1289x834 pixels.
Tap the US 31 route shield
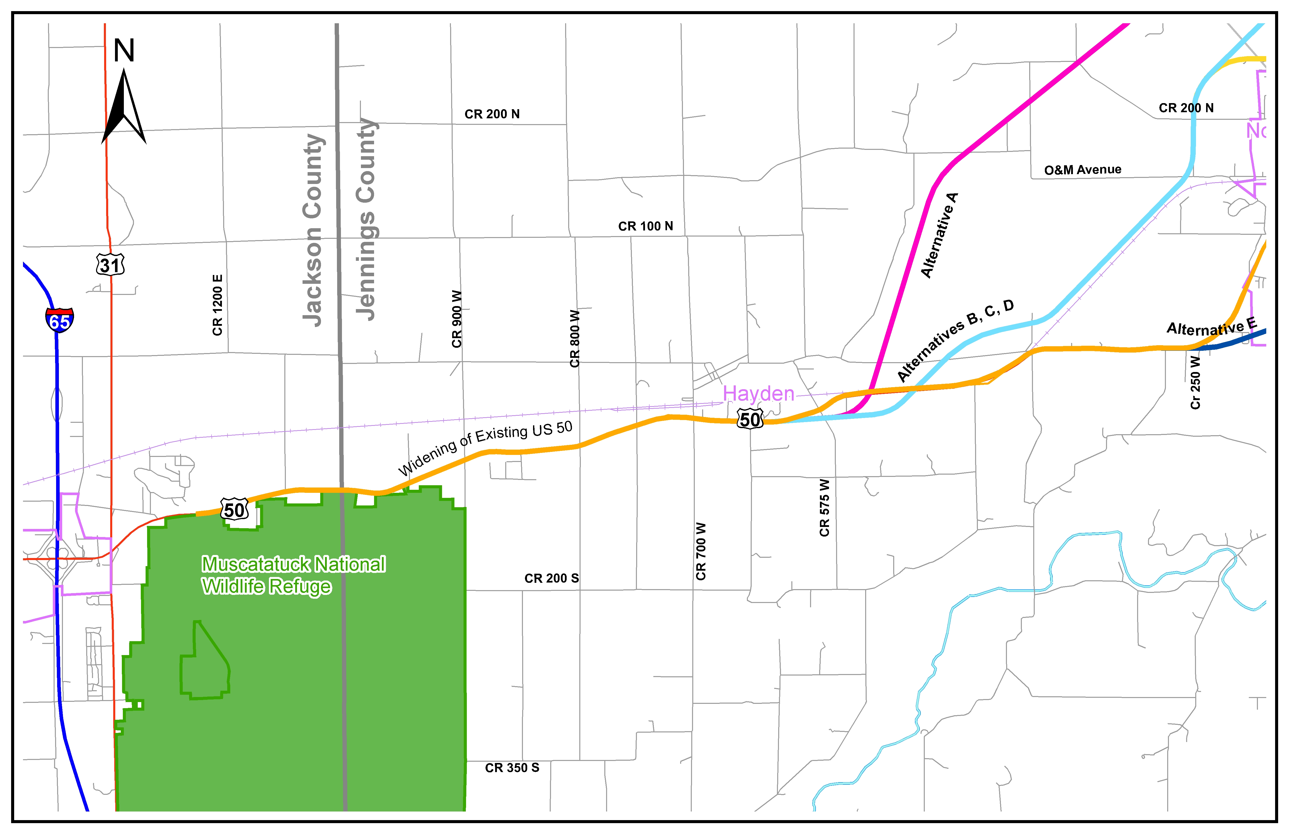click(x=110, y=265)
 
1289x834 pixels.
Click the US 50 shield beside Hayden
click(x=750, y=419)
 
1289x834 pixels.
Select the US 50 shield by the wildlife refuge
click(x=235, y=509)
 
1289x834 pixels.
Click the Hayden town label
click(x=758, y=394)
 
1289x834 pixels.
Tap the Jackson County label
click(x=313, y=230)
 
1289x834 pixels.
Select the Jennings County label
click(x=366, y=219)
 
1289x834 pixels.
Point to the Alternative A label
click(x=940, y=236)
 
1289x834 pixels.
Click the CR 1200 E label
click(x=218, y=305)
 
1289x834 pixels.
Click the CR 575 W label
click(x=824, y=507)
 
